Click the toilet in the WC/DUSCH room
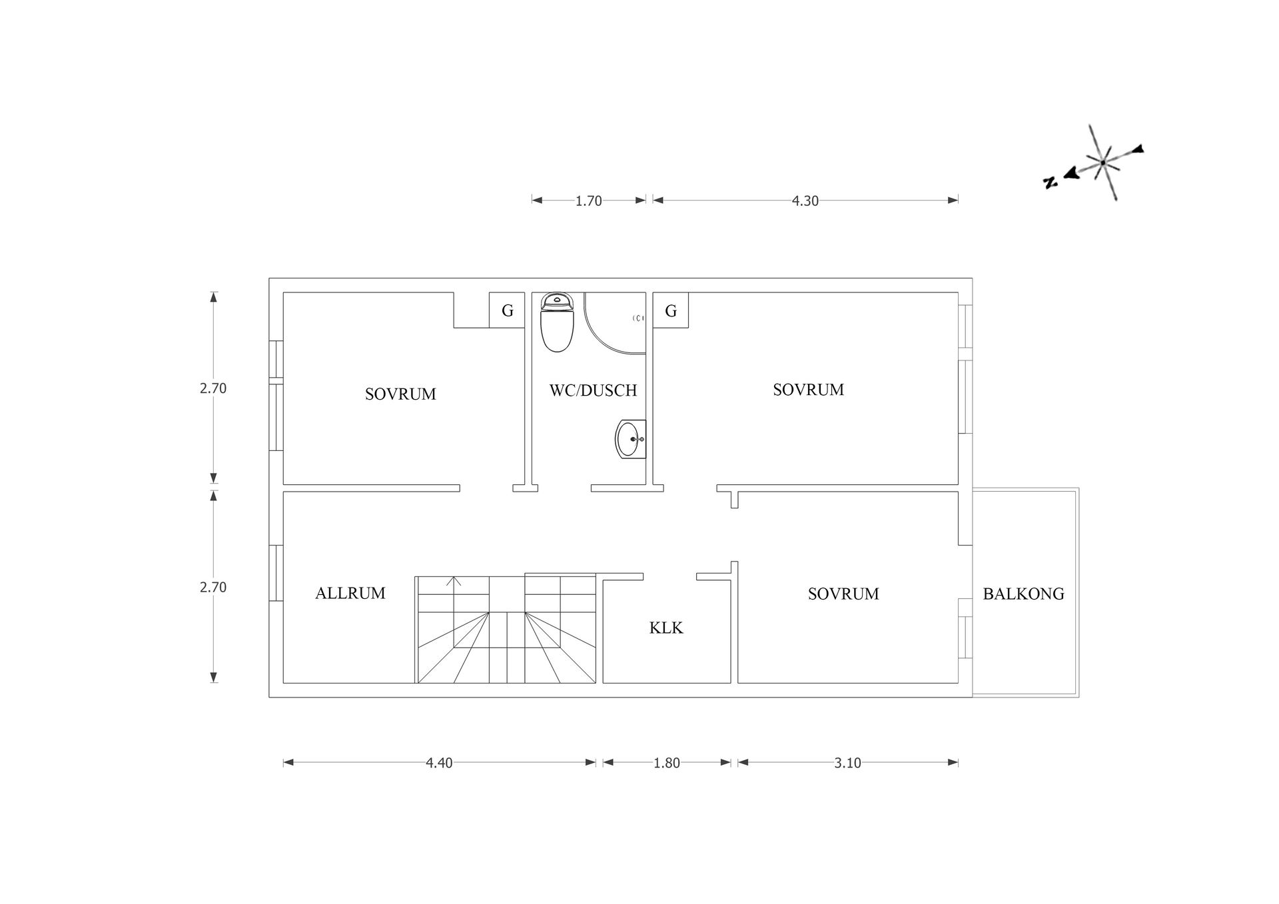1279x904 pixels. (x=557, y=323)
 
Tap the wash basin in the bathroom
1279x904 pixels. (x=630, y=440)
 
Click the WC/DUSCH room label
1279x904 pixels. (x=593, y=390)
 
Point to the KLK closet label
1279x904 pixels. (x=666, y=628)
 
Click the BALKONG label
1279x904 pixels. (x=1023, y=594)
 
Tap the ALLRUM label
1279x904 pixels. (x=350, y=593)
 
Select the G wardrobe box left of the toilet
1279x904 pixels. (x=507, y=310)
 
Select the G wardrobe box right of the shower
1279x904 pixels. (x=671, y=310)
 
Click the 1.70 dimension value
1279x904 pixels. (x=589, y=201)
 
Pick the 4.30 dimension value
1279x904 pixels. (x=805, y=201)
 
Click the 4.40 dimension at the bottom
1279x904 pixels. (x=439, y=763)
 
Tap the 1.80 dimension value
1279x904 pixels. (x=666, y=763)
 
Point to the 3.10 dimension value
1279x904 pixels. (x=847, y=763)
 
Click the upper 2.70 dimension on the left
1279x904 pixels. (x=213, y=388)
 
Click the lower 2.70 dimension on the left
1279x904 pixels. (x=213, y=587)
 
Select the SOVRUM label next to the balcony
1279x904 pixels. (x=843, y=594)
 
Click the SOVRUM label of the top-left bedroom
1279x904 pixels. (x=400, y=394)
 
